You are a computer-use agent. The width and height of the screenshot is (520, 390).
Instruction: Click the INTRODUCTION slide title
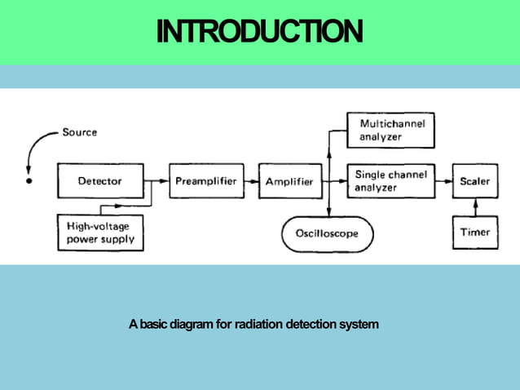[x=259, y=32]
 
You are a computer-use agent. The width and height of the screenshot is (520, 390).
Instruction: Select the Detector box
[x=100, y=181]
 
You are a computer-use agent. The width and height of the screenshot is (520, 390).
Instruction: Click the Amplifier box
[x=289, y=181]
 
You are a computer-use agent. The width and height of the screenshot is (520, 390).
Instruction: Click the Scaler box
[x=474, y=181]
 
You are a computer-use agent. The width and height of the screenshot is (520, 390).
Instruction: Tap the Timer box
[x=474, y=233]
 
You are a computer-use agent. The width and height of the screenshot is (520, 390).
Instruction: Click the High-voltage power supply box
[x=100, y=233]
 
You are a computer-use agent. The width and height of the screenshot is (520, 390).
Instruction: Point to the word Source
[x=79, y=132]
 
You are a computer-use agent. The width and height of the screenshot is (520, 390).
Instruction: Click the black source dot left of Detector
[x=29, y=180]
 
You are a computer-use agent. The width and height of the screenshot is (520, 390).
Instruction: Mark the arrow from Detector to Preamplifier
[x=156, y=181]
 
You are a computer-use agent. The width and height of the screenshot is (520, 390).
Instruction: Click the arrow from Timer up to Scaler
[x=474, y=207]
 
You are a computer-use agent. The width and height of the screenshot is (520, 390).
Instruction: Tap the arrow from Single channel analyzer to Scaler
[x=444, y=181]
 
